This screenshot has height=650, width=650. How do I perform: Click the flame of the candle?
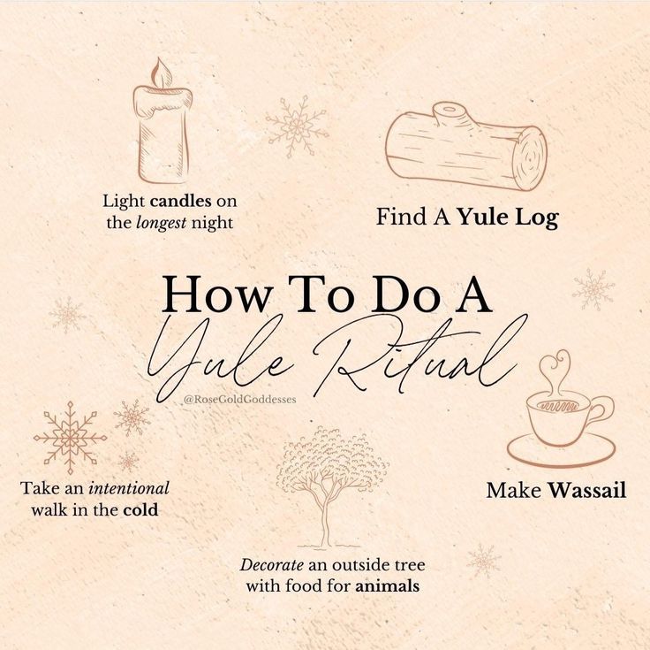(161, 73)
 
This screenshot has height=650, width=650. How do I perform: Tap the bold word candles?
(181, 202)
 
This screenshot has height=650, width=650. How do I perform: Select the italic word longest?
(162, 224)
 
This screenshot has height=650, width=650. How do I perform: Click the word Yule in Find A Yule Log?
(483, 217)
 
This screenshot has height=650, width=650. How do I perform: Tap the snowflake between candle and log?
(298, 126)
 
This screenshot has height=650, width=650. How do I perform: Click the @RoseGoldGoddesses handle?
(239, 400)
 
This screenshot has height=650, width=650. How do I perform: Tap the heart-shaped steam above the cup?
(556, 370)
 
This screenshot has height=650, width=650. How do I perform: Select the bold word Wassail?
(587, 490)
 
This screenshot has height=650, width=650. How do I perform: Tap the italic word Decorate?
(271, 565)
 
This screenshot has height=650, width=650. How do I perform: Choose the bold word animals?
(387, 586)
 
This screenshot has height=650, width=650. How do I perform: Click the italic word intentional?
(129, 488)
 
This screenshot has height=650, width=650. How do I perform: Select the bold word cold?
(140, 509)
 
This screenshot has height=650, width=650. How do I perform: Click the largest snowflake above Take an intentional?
(70, 438)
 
